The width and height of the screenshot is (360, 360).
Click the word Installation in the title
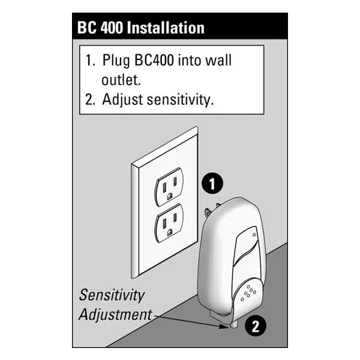pos(167,28)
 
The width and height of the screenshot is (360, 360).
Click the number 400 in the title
pos(114,28)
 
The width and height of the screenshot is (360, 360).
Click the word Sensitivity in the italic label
pos(113,295)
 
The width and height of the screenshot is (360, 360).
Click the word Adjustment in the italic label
pos(116,314)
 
